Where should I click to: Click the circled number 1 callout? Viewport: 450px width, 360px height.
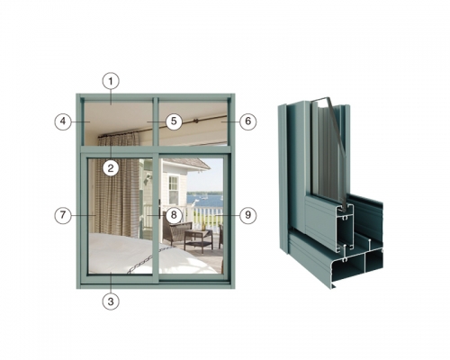point(111,81)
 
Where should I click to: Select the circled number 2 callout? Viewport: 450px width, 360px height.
point(111,168)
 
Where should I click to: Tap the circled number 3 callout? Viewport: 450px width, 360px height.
point(111,301)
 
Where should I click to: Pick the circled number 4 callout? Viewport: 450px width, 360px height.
point(63,121)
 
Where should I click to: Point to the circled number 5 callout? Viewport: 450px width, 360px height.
point(174,121)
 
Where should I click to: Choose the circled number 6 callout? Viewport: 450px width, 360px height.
point(247,121)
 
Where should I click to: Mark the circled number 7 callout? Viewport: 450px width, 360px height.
point(63,215)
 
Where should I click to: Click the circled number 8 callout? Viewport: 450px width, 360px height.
point(174,215)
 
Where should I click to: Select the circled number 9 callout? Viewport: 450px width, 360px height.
point(247,215)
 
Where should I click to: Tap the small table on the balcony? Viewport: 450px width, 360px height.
point(198,239)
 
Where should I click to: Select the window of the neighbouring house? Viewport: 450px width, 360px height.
point(174,190)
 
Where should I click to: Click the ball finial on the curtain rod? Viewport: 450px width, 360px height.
point(196,121)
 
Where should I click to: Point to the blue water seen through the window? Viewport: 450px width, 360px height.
point(205,200)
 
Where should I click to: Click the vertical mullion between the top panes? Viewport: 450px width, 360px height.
point(156,121)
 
